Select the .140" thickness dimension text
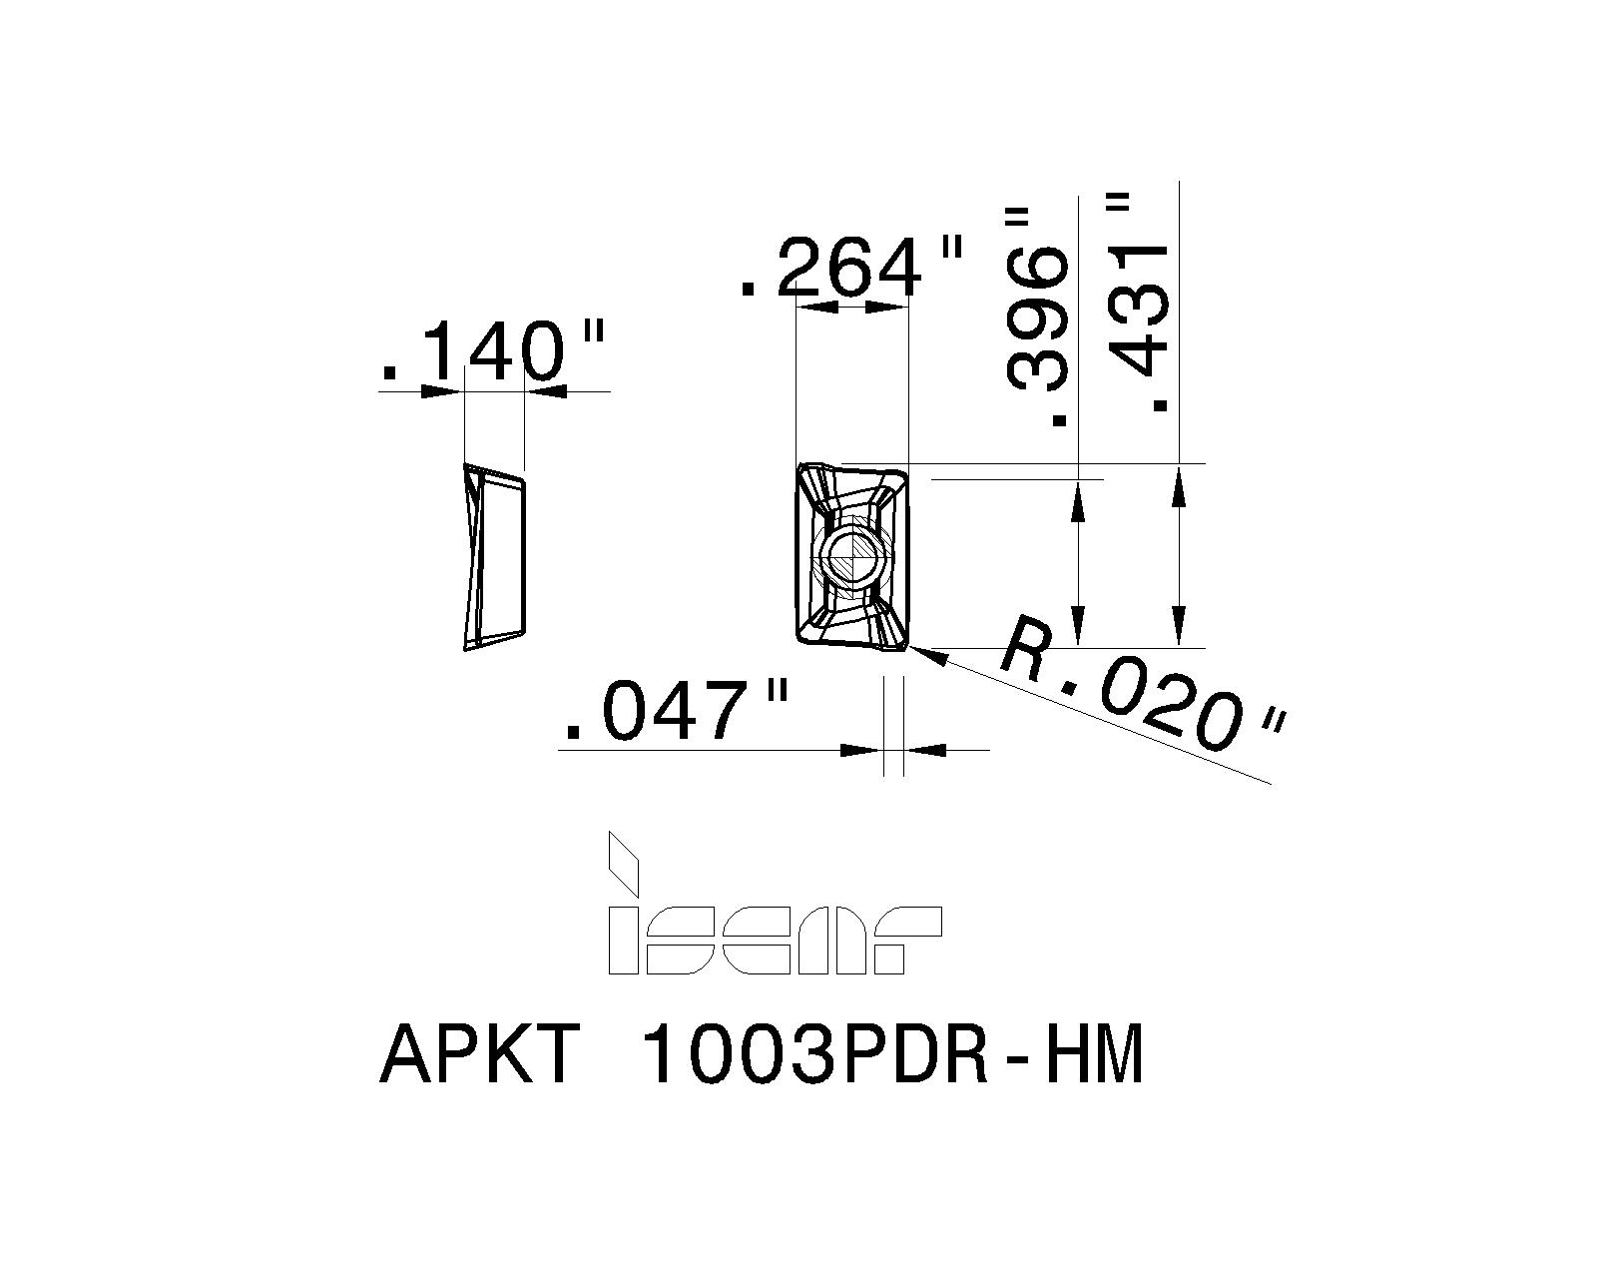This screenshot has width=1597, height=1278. (494, 352)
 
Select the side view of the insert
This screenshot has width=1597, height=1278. (494, 557)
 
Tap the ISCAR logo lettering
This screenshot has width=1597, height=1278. (774, 940)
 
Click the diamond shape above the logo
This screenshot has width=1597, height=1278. (623, 865)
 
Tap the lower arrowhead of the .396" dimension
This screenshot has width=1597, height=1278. (1079, 627)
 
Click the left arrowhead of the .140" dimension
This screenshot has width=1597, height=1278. (444, 391)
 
